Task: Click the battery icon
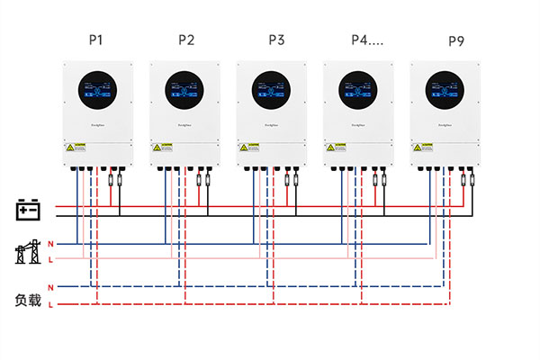coord(29,211)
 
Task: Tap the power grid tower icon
coord(28,252)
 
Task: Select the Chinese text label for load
coord(28,298)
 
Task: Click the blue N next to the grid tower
coord(50,244)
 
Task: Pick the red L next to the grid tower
coord(50,259)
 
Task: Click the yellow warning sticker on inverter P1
coord(72,147)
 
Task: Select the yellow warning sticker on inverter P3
coord(246,147)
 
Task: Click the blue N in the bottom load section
coord(50,286)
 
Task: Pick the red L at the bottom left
coord(50,306)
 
